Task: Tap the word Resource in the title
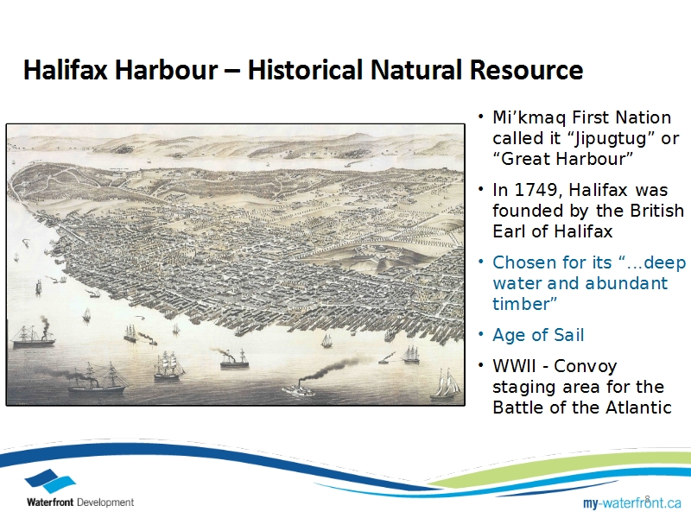coord(526,70)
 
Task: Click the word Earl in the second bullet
coord(509,231)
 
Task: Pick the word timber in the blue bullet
coord(524,304)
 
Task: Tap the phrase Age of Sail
coord(538,335)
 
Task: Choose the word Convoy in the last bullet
coord(586,366)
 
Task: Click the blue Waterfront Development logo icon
coord(50,481)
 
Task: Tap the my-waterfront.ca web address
coord(632,502)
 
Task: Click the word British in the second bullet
coord(657,211)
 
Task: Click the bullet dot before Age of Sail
coord(481,335)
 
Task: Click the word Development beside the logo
coord(105,502)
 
